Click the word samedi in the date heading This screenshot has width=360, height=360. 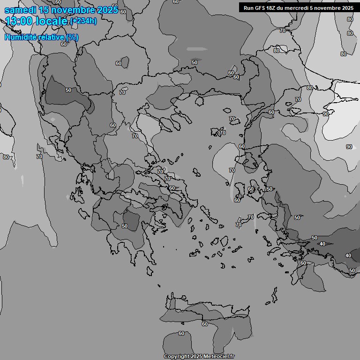click(21, 10)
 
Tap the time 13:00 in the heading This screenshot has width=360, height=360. click(18, 21)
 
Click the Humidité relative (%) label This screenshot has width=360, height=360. click(42, 37)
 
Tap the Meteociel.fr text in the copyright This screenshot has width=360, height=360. click(219, 356)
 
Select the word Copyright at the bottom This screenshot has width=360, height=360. click(178, 356)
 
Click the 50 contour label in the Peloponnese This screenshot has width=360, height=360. click(124, 226)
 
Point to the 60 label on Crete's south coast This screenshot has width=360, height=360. click(204, 324)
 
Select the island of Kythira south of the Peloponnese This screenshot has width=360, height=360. click(150, 271)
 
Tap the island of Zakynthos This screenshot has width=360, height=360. click(85, 213)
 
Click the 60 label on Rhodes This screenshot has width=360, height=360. click(303, 263)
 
